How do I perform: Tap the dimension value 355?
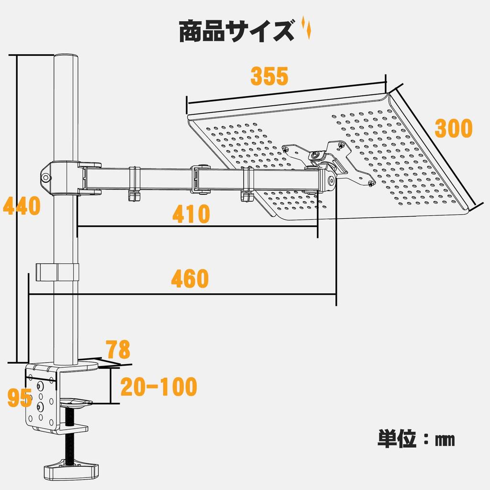click(x=269, y=76)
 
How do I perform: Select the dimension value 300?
click(x=453, y=128)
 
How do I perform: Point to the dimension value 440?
click(x=21, y=206)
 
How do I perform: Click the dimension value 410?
click(x=191, y=214)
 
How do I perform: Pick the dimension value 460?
click(x=190, y=279)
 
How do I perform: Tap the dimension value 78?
click(x=118, y=350)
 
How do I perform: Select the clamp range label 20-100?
click(x=158, y=387)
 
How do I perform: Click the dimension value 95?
click(x=19, y=398)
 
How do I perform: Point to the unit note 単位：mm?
click(x=416, y=438)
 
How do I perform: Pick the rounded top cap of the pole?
click(x=66, y=57)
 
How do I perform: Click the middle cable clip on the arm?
click(x=200, y=179)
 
